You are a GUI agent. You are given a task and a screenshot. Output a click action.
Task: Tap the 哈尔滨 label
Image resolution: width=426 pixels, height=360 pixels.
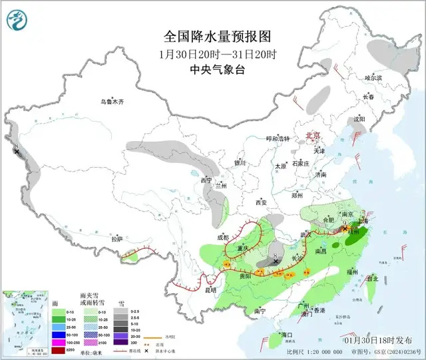[374, 78]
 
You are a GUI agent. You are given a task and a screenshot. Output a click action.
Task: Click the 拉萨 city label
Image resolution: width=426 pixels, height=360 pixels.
[117, 239]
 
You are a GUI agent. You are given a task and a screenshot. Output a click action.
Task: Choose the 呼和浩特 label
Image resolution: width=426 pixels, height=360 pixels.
[279, 139]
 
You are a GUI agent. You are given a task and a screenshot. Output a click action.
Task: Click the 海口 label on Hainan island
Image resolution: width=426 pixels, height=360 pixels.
[288, 334]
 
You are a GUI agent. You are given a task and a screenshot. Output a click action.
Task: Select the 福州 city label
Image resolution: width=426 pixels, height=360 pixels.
[353, 271]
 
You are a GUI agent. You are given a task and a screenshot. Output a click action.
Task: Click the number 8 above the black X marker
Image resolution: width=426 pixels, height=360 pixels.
[276, 255]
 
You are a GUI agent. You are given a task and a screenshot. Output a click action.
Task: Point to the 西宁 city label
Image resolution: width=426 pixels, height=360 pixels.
[206, 180]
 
